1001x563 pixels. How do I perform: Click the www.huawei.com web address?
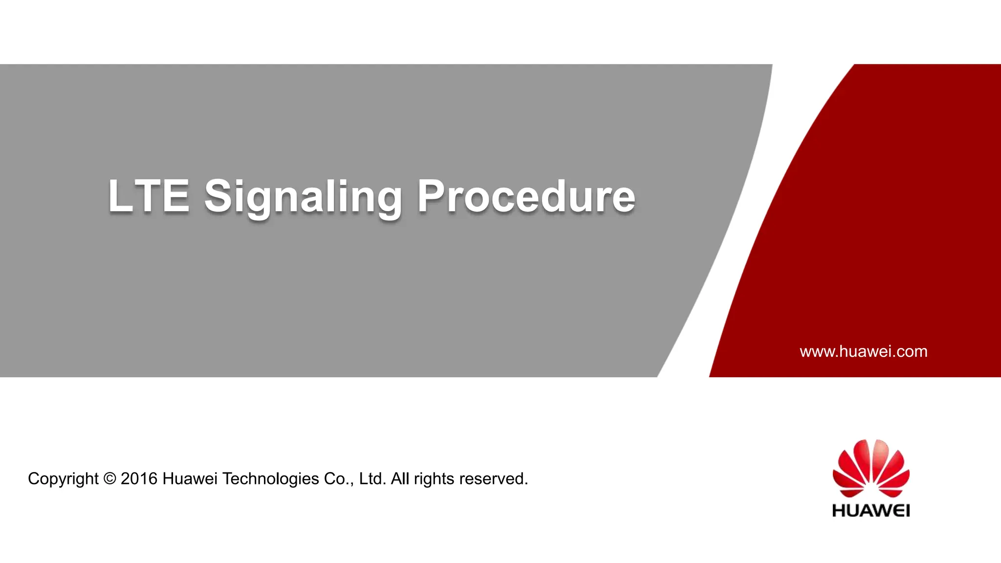pyautogui.click(x=863, y=351)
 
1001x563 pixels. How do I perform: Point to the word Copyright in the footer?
pyautogui.click(x=63, y=479)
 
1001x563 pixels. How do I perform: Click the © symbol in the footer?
pyautogui.click(x=110, y=478)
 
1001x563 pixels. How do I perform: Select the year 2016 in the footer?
pyautogui.click(x=139, y=478)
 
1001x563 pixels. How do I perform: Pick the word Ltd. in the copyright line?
pyautogui.click(x=372, y=478)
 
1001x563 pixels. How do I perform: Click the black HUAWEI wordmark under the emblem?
pyautogui.click(x=871, y=511)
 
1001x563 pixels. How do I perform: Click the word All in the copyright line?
pyautogui.click(x=400, y=478)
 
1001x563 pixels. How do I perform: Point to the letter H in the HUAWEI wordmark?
pyautogui.click(x=839, y=511)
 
